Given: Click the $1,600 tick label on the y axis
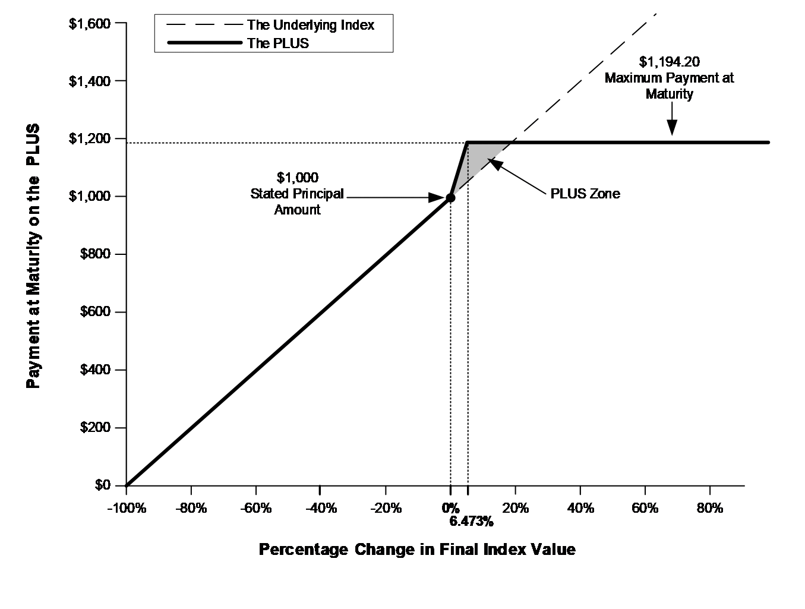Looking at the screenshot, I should click(x=89, y=24).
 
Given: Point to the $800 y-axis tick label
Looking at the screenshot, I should click(x=95, y=254).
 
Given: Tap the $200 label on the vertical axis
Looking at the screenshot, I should click(x=95, y=428).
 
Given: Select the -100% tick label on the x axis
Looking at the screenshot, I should click(x=126, y=508).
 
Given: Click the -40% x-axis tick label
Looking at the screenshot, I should click(x=320, y=508).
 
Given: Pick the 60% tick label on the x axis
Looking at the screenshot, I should click(x=645, y=508).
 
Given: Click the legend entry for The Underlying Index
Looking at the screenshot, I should click(x=311, y=25).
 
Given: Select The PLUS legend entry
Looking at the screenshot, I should click(x=278, y=43).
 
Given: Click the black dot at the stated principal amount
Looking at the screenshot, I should click(x=450, y=197).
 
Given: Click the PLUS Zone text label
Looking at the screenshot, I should click(x=585, y=194).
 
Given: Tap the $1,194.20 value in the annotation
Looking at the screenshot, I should click(x=670, y=61).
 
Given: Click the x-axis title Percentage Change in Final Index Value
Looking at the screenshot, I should click(x=417, y=549).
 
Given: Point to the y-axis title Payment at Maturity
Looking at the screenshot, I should click(x=34, y=255).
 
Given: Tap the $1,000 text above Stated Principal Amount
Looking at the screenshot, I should click(x=298, y=178).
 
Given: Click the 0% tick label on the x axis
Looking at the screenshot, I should click(x=451, y=508).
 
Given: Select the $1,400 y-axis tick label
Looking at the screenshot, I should click(x=89, y=81).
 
